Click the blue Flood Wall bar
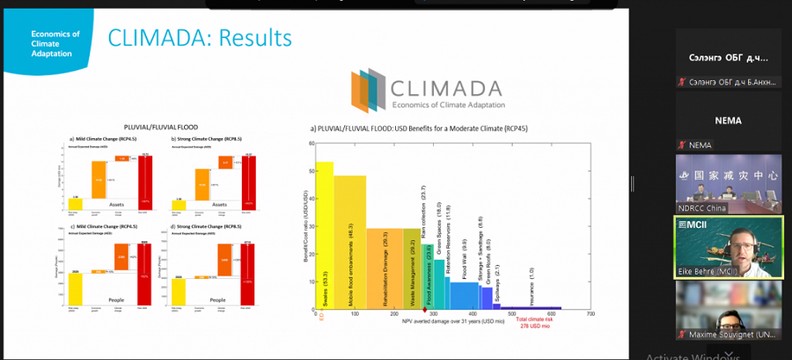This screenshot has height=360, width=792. tap(463, 296)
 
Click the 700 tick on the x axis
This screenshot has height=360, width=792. tap(590, 314)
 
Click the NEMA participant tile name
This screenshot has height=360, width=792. tap(728, 121)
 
